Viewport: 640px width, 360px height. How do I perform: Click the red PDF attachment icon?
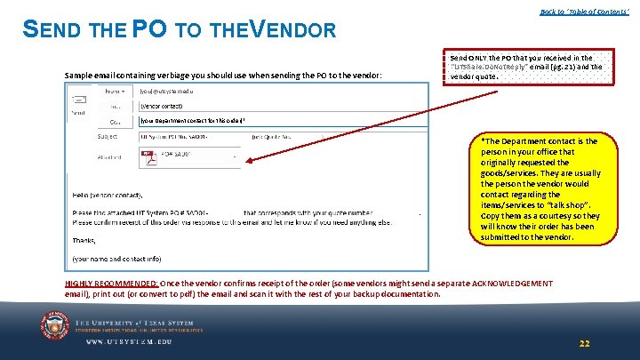[x=149, y=157]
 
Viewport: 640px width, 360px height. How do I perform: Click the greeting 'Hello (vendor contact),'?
[x=108, y=195]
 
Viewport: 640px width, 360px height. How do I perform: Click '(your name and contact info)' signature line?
[x=116, y=259]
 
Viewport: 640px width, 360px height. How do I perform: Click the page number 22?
[x=584, y=343]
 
